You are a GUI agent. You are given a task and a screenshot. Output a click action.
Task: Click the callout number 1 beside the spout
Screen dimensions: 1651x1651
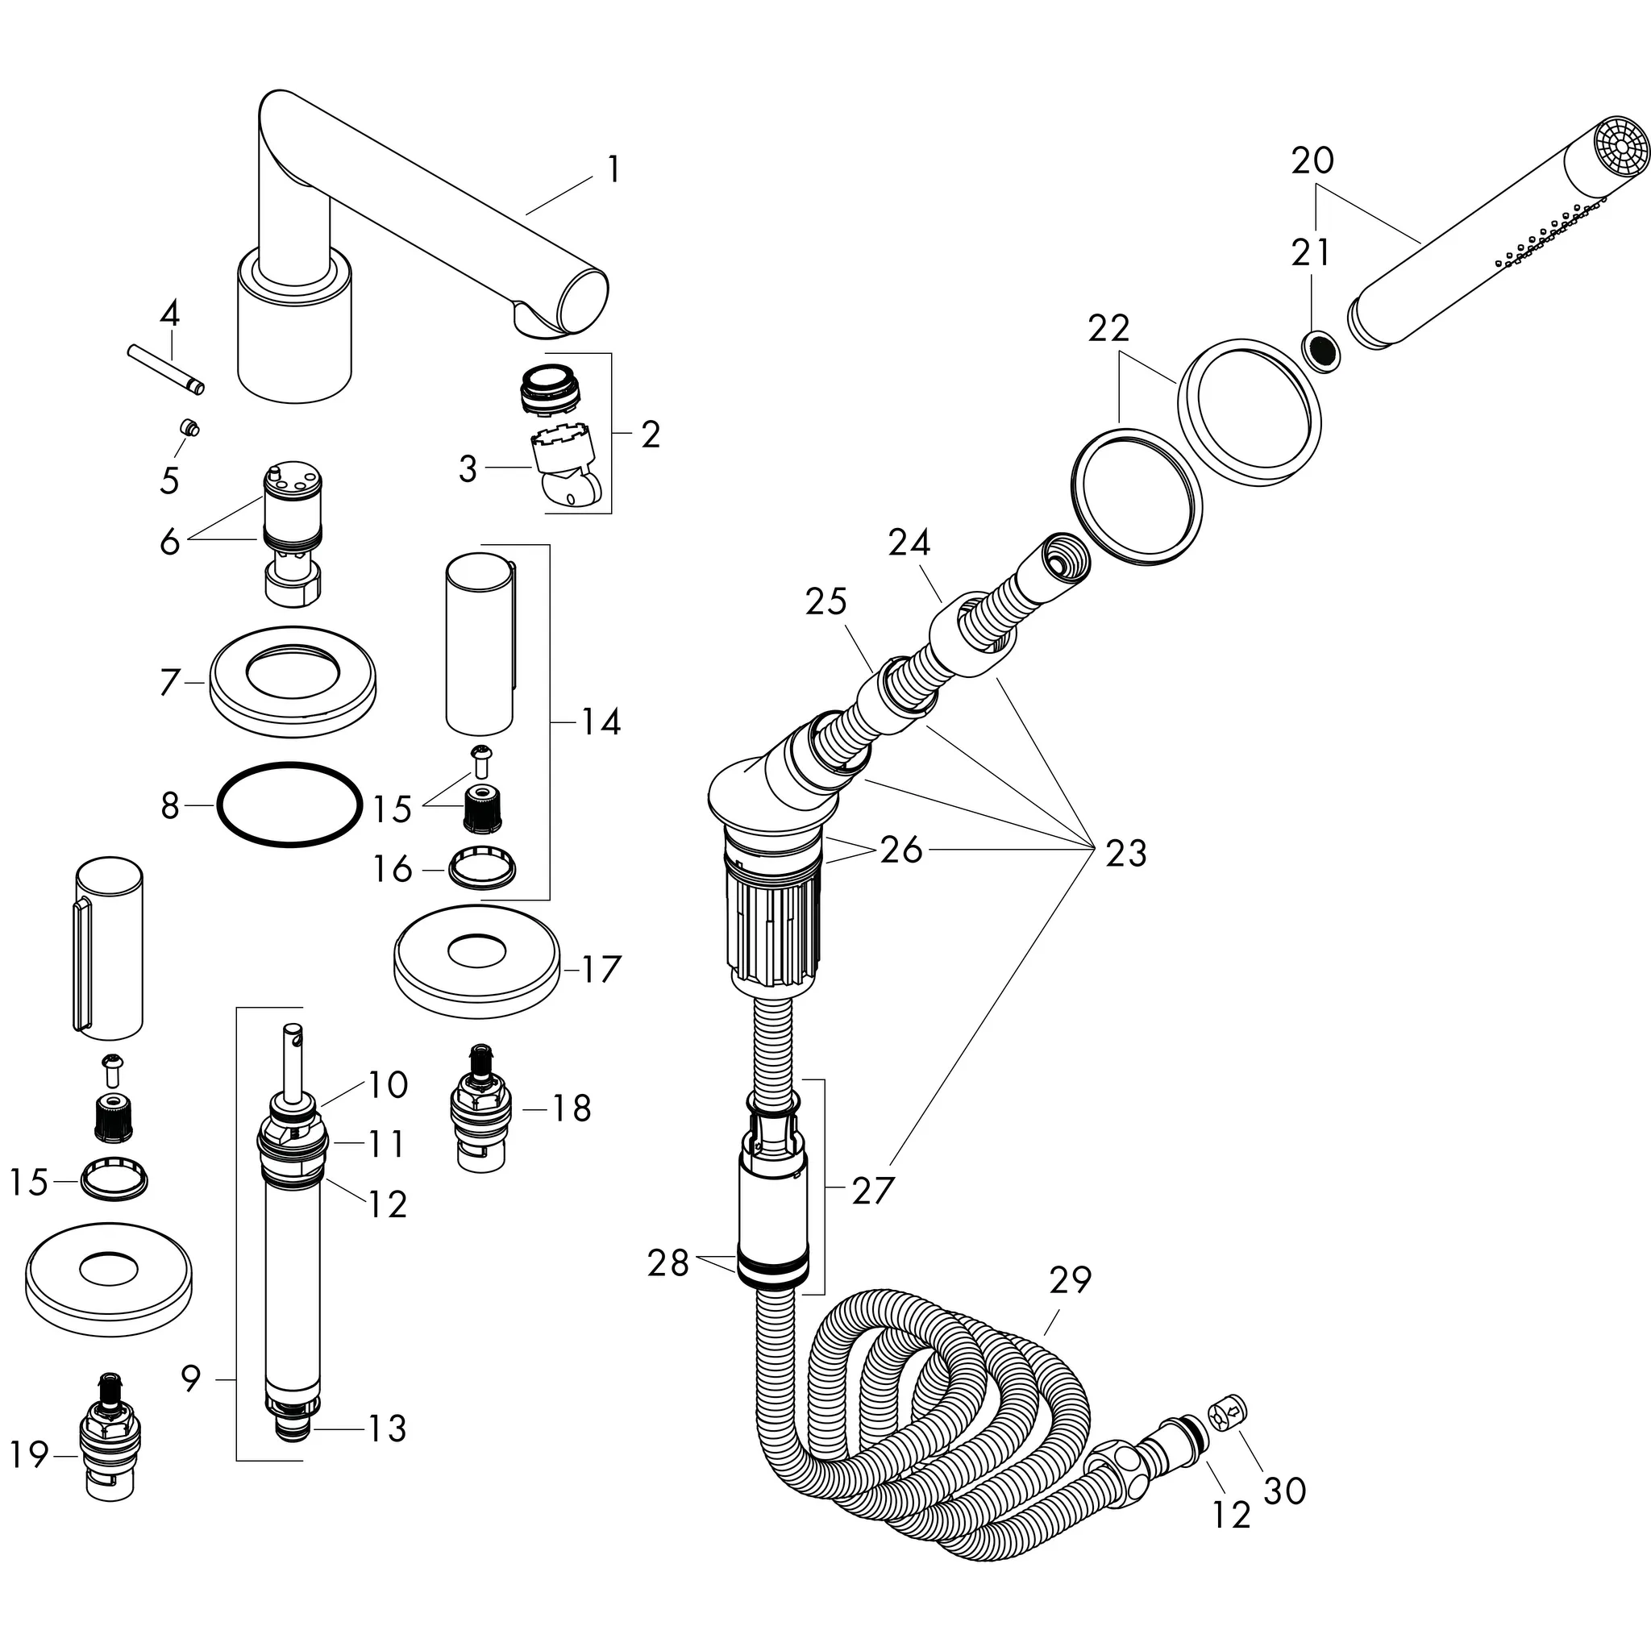(613, 169)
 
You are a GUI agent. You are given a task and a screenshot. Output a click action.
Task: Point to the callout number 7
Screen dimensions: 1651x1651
(170, 682)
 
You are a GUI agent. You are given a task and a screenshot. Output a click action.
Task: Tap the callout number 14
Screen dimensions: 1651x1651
(600, 722)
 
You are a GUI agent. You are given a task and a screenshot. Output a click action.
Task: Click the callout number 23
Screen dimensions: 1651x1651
(1125, 853)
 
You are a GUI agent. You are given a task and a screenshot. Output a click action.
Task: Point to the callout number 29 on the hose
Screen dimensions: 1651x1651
(1071, 1279)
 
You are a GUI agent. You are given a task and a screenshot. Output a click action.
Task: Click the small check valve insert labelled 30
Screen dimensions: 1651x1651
(1229, 1412)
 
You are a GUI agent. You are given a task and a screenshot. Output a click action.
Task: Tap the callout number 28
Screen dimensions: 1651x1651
(667, 1262)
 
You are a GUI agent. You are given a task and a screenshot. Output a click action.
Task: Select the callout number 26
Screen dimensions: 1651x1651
(900, 850)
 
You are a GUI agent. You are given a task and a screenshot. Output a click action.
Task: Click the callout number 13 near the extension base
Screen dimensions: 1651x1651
(386, 1427)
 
